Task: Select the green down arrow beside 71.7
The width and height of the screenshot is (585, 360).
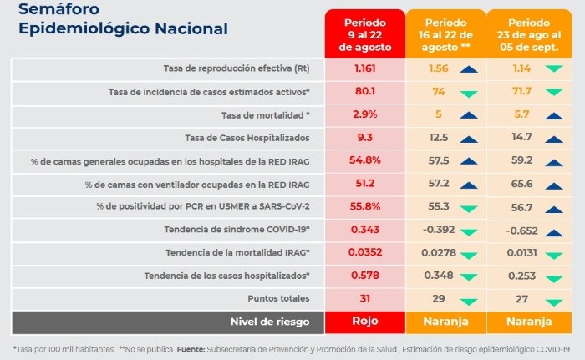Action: (x=553, y=92)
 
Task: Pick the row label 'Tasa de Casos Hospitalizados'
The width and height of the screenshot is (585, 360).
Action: (x=247, y=137)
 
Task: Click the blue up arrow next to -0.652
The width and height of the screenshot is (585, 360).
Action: (x=553, y=230)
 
